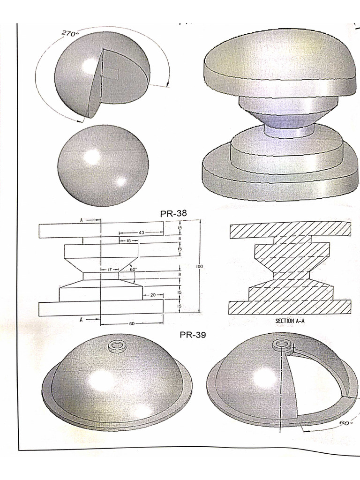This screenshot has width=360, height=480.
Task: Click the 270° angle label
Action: pos(70,34)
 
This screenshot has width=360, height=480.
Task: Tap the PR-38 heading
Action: pos(173,213)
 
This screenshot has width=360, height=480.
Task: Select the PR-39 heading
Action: pos(193,335)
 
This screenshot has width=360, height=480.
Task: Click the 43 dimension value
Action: pos(141,232)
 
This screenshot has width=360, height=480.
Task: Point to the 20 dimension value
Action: pos(152,295)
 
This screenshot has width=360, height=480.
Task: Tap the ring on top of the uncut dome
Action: pos(116,346)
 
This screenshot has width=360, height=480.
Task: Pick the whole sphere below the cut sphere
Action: pos(103,165)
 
